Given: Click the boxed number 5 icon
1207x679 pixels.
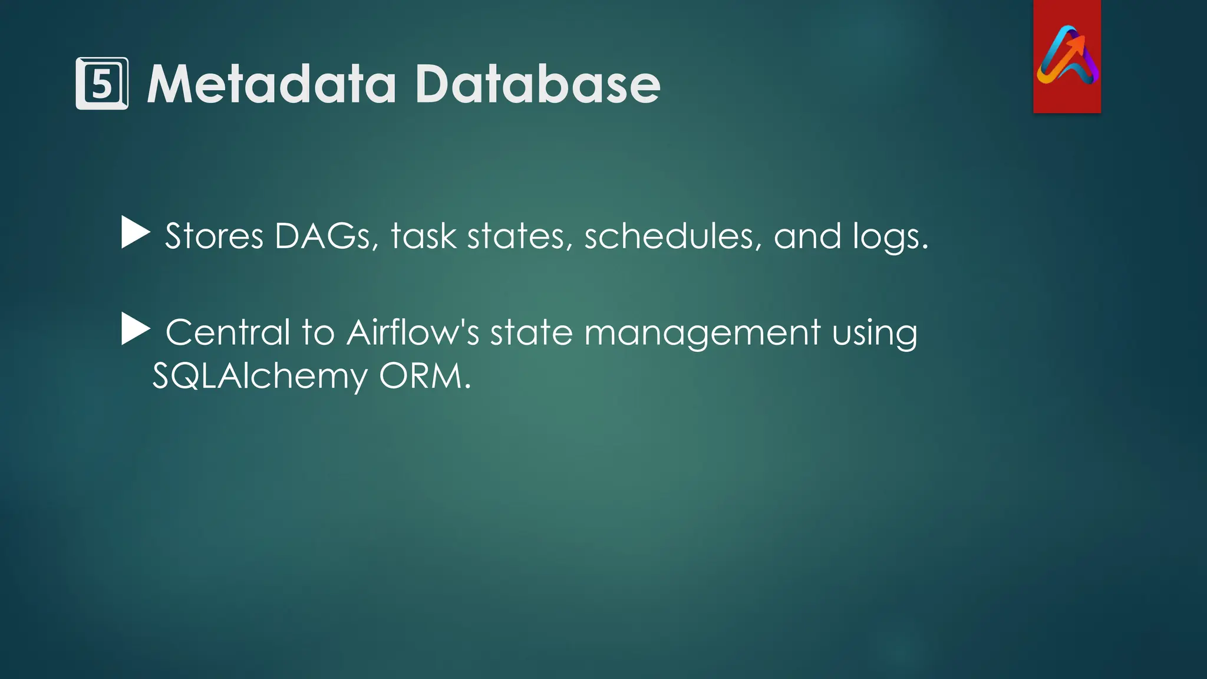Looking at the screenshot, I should (x=102, y=84).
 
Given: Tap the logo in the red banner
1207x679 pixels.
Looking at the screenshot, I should (x=1067, y=56).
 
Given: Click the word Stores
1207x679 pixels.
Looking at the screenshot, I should (x=214, y=236).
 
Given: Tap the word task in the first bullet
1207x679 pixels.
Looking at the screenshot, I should (x=423, y=236).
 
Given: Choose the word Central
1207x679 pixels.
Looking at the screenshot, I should (x=228, y=332).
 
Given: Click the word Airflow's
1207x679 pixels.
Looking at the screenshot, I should (x=413, y=332).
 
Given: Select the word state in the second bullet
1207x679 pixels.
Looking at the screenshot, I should (x=531, y=332).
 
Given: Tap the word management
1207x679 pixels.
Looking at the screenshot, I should (x=702, y=334).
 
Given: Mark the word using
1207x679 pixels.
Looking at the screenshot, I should (x=875, y=334).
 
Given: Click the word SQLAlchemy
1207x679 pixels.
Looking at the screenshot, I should (x=260, y=377).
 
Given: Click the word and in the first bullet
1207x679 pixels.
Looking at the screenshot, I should (x=807, y=236).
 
